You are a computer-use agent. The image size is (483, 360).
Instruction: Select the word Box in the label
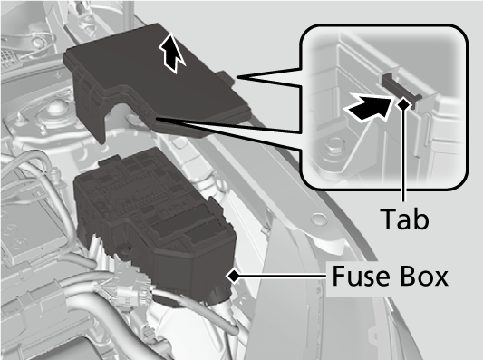coord(421,275)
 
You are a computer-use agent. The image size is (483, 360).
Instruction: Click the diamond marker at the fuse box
coord(234,273)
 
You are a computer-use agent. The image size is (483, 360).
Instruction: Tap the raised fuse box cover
coord(154,91)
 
